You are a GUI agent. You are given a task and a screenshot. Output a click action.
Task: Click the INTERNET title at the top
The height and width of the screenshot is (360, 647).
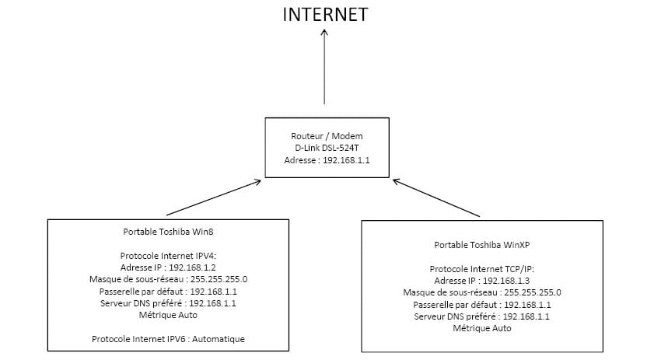325,15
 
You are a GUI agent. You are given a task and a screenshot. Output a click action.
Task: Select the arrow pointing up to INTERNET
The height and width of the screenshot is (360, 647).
324,66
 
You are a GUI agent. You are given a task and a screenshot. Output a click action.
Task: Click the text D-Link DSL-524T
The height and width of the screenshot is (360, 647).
327,148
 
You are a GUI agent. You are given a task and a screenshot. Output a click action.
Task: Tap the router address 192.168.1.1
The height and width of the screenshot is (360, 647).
346,160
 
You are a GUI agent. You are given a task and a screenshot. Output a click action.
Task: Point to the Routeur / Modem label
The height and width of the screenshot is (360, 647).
327,135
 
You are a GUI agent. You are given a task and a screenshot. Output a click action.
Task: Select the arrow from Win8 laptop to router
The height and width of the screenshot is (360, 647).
214,197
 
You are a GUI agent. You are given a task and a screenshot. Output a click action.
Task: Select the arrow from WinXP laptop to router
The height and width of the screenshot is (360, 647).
436,197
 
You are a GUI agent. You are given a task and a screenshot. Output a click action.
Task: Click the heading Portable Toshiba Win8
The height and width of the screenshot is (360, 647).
168,232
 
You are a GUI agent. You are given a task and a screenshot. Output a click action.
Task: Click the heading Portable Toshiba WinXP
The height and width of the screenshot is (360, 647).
482,245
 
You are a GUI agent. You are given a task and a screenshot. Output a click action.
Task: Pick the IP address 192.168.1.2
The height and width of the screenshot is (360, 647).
192,267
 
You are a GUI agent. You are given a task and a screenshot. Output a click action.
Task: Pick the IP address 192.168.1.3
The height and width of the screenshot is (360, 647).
506,281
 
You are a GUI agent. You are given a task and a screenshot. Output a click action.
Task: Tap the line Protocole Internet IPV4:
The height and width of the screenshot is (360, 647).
168,256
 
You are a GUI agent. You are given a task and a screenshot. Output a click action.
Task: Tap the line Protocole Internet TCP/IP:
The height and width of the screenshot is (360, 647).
482,269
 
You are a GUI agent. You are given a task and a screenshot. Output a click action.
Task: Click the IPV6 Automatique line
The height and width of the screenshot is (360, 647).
168,339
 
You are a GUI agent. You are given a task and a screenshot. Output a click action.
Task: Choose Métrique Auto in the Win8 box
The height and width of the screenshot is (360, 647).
168,315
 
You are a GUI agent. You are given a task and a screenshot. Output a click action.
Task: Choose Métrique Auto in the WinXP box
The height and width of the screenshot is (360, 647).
482,328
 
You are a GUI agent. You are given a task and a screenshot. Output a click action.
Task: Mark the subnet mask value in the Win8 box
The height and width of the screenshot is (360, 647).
219,279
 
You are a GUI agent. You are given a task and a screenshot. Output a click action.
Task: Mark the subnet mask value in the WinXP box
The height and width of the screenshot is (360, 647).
533,292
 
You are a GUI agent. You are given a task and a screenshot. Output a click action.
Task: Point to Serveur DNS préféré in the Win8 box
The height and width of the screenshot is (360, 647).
141,303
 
